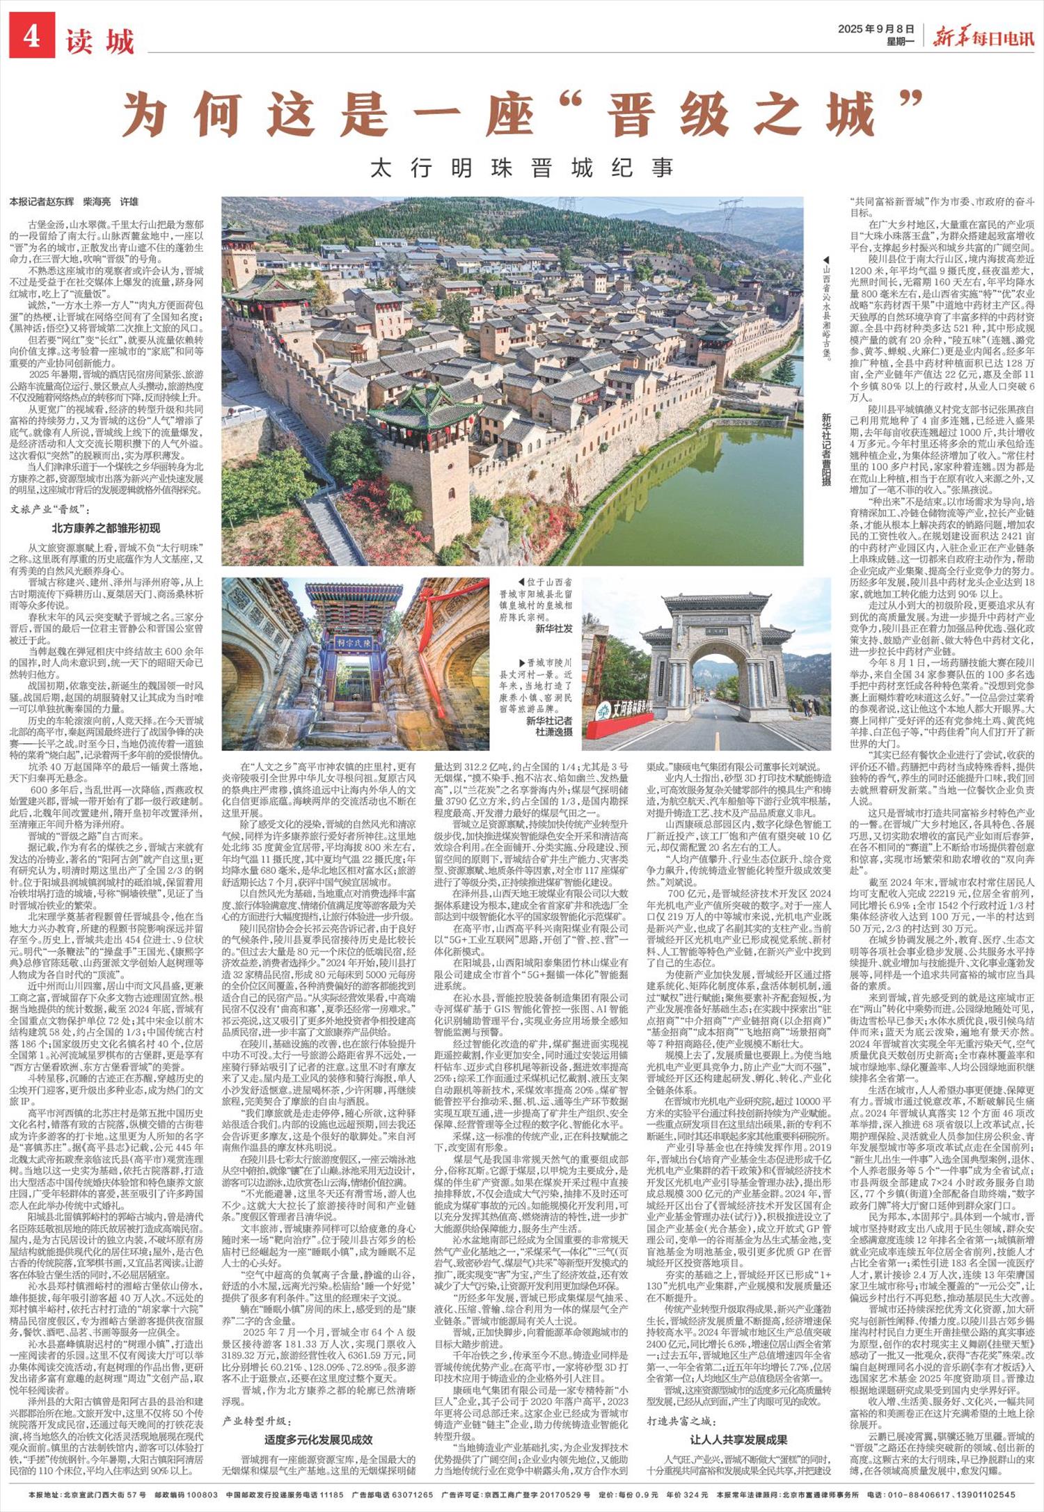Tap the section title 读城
pos(100,42)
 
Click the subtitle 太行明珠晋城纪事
pos(522,168)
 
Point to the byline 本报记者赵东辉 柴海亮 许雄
pos(74,202)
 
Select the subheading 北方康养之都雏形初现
pos(106,527)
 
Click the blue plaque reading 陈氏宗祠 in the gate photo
pos(355,642)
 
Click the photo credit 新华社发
pos(553,628)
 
